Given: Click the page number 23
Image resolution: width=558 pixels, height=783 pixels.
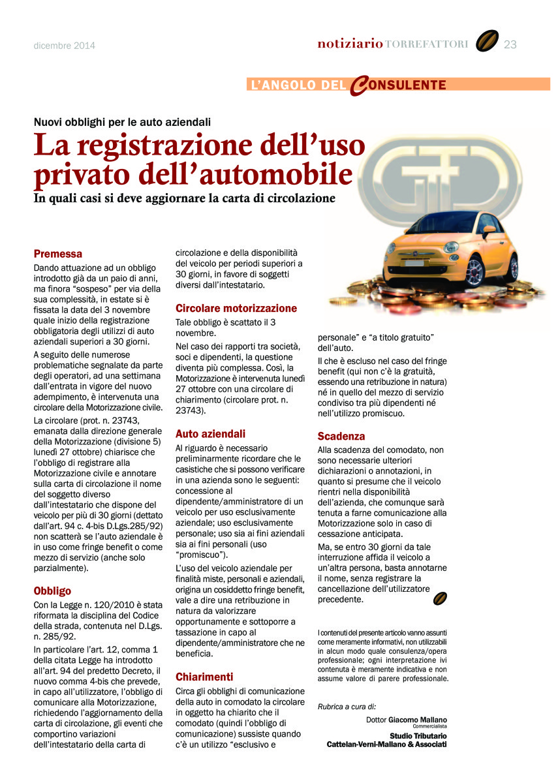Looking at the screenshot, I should pos(510,44).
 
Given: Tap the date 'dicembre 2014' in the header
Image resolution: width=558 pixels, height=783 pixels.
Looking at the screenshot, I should pos(65,46).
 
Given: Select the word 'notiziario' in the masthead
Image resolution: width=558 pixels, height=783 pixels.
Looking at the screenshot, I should pos(350,44).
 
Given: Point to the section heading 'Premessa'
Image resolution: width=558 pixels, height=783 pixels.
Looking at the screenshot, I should pos(58,254).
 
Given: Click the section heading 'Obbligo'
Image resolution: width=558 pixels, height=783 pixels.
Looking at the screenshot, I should pos(52,591).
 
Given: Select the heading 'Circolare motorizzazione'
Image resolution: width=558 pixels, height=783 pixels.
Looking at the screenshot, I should pos(236,308).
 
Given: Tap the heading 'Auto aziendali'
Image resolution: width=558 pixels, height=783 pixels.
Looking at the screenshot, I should pos(210,433).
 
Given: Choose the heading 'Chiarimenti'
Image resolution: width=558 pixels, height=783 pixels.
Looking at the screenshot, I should pos(204,677).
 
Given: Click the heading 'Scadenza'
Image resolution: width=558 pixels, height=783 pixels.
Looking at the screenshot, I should pos(341,436).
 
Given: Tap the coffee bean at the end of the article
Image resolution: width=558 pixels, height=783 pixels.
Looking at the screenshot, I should pos(441,599).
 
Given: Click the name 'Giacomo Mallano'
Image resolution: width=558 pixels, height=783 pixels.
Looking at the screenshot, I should pos(418,720).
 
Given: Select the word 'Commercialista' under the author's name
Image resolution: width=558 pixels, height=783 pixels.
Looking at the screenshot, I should pos(430,726).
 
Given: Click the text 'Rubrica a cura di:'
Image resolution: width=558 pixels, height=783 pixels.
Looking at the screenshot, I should pos(347,707).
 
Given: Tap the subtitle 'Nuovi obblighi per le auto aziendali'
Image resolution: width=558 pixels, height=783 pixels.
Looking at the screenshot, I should pos(122,121).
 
